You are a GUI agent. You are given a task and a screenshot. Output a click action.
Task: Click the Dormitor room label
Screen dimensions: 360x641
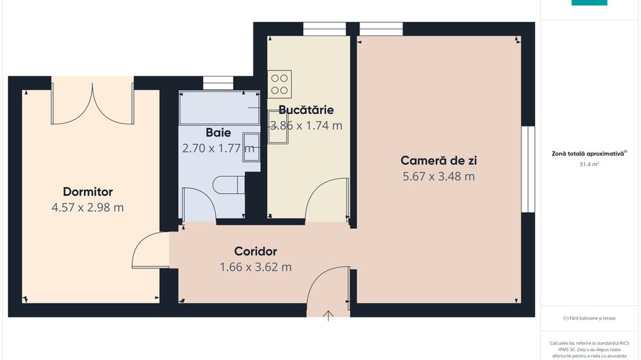coord(87,192)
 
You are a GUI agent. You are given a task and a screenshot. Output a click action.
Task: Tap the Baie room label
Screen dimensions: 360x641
coord(218,133)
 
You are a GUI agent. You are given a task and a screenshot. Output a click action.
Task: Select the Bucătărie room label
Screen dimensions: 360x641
coord(305,110)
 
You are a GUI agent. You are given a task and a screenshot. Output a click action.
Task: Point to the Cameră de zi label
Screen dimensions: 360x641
coord(438,161)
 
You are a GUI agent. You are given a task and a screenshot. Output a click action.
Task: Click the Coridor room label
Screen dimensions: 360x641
coord(255,251)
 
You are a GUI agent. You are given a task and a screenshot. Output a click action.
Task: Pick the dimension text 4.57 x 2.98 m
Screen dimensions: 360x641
coord(87,208)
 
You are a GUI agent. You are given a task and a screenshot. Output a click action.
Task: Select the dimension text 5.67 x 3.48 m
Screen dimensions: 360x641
coord(438,176)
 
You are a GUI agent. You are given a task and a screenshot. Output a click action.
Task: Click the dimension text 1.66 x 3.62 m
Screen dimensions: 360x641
coord(255,267)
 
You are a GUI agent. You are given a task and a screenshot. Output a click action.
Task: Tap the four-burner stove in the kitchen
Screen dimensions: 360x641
coord(279,83)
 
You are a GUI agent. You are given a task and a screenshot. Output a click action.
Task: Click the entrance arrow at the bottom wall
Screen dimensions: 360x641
coord(329,315)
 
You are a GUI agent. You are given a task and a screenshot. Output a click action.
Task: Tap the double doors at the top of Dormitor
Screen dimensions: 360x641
coord(92,104)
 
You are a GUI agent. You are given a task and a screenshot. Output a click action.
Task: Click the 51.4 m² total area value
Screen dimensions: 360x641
coord(588,165)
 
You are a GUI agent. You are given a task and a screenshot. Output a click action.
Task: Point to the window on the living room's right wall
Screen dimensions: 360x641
coord(527,169)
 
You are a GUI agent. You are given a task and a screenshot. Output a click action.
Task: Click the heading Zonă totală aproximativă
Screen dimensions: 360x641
coord(588,154)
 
